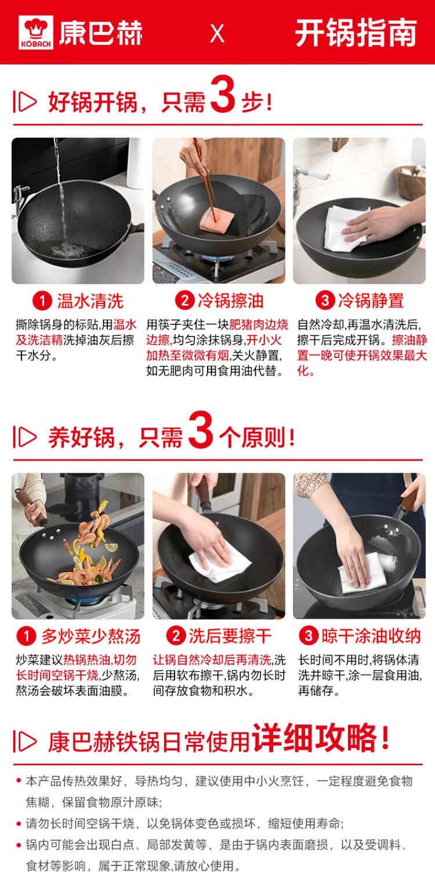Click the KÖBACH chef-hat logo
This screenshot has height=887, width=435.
point(35,32)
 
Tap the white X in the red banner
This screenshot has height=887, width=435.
point(217,34)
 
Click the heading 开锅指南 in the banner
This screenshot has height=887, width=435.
point(356,33)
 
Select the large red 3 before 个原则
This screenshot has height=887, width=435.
point(201,429)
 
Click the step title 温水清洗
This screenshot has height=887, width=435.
point(90,301)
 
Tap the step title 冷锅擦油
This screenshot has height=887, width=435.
point(230,301)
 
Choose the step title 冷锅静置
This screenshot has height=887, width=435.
point(371,301)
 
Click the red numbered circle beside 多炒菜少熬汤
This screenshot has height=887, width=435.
point(27,636)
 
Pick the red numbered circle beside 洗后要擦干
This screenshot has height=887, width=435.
point(176,636)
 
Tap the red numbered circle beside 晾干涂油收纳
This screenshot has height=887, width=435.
point(309,636)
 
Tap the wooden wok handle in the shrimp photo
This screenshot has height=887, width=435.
point(32,507)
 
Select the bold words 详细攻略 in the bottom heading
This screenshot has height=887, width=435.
point(315,738)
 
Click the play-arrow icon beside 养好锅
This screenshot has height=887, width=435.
point(25,437)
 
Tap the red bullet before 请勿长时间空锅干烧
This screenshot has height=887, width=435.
point(18,824)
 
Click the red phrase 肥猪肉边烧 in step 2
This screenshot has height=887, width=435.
point(259,325)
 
